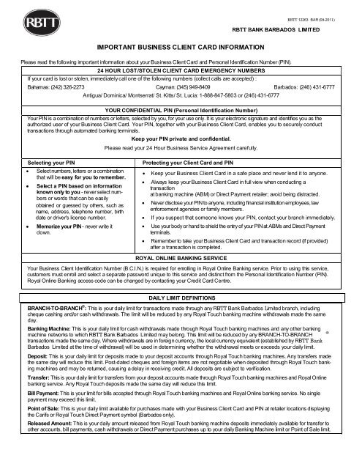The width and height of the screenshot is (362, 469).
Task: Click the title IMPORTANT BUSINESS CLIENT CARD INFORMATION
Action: pyautogui.click(x=180, y=46)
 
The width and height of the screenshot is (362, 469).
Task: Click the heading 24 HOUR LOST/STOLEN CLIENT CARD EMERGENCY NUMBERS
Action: pyautogui.click(x=181, y=70)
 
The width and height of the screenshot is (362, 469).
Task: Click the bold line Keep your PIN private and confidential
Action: pyautogui.click(x=181, y=138)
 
